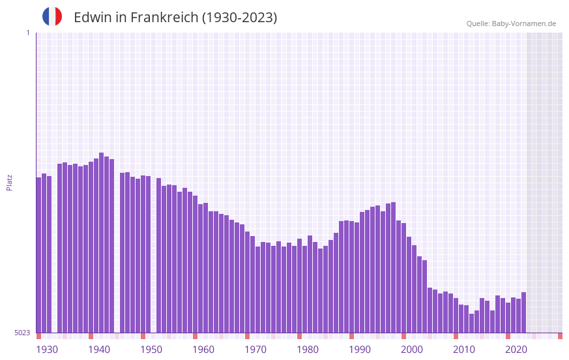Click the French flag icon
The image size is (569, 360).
click(52, 17)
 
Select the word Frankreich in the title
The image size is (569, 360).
click(163, 18)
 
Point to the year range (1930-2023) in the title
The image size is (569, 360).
click(239, 18)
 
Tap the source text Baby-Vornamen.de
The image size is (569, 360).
click(523, 23)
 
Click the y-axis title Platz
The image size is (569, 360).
click(9, 182)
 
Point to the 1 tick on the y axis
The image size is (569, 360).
click(27, 33)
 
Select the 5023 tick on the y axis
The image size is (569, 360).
click(22, 333)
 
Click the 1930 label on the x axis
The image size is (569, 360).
click(47, 350)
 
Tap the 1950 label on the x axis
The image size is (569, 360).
click(151, 350)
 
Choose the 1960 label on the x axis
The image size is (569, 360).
click(203, 350)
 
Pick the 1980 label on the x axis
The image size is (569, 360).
click(308, 350)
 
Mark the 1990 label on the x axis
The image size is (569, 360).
click(360, 350)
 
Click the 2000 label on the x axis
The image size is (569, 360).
click(412, 350)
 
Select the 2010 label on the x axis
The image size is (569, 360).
click(464, 350)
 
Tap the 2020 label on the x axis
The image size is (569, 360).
click(516, 350)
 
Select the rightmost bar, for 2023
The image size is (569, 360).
click(524, 312)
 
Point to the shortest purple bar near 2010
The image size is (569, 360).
click(472, 323)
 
